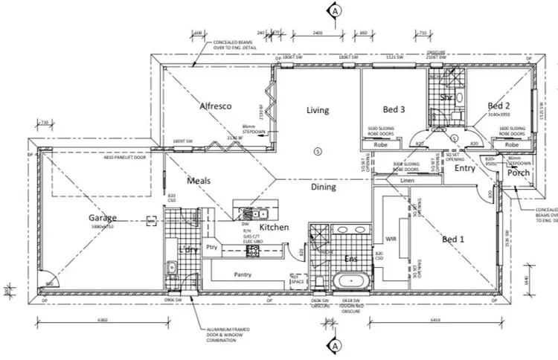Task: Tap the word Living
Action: coord(318,111)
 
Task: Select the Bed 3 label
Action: coord(394,109)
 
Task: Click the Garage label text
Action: coord(103,218)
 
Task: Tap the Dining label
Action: coord(324,187)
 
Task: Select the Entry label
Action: coord(465,169)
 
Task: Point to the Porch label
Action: coord(518,173)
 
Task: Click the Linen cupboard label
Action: coord(405,181)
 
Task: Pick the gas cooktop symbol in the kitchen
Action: coord(252,251)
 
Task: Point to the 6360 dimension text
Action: coord(103,321)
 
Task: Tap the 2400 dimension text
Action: coord(317,33)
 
